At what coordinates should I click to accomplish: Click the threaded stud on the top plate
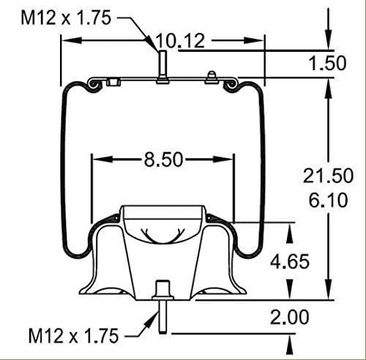(x=160, y=67)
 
